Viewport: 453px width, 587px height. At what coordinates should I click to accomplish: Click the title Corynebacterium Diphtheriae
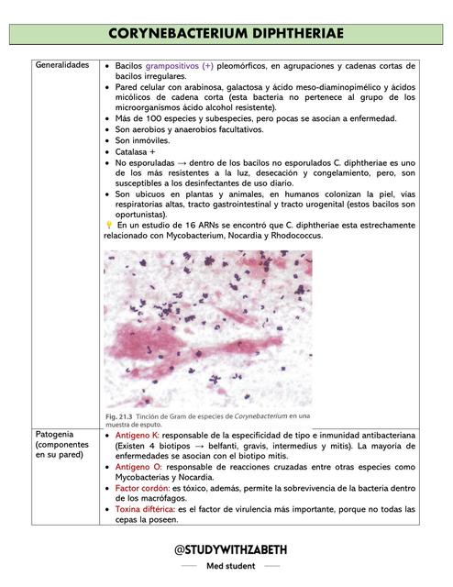(x=226, y=34)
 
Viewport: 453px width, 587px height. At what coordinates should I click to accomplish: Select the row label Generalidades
(x=62, y=67)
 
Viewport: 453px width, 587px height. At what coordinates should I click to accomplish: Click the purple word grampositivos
(x=179, y=68)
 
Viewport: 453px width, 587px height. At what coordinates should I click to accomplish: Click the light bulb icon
(x=108, y=225)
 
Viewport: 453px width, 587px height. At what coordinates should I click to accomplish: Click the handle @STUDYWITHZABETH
(x=226, y=549)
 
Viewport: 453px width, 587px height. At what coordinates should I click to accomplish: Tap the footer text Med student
(x=226, y=567)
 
